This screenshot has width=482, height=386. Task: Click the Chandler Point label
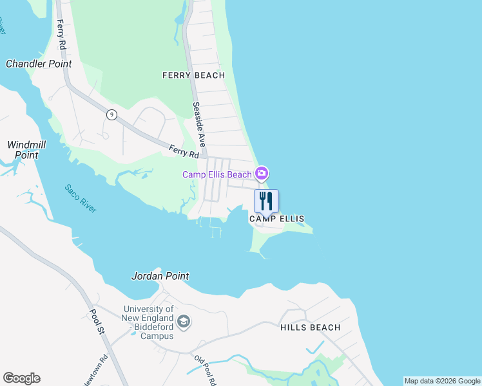[x=39, y=64]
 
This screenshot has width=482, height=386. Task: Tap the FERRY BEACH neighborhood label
[x=193, y=75]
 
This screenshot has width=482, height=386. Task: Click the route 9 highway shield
[x=112, y=115]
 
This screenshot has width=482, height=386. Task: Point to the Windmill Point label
[x=23, y=150]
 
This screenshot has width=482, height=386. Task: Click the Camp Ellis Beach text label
[x=217, y=174]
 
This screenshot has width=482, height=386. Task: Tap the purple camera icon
[x=261, y=173]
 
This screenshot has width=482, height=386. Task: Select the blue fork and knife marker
[x=266, y=201]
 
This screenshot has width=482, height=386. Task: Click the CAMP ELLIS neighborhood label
[x=276, y=219]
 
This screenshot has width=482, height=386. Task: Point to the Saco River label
[x=80, y=199]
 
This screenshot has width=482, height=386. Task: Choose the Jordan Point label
[x=160, y=276]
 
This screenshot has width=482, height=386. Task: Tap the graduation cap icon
[x=184, y=322]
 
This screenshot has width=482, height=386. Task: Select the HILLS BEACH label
[x=310, y=327]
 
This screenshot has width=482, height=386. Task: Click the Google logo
[x=21, y=378]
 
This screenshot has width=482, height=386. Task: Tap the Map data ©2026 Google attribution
[x=442, y=381]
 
